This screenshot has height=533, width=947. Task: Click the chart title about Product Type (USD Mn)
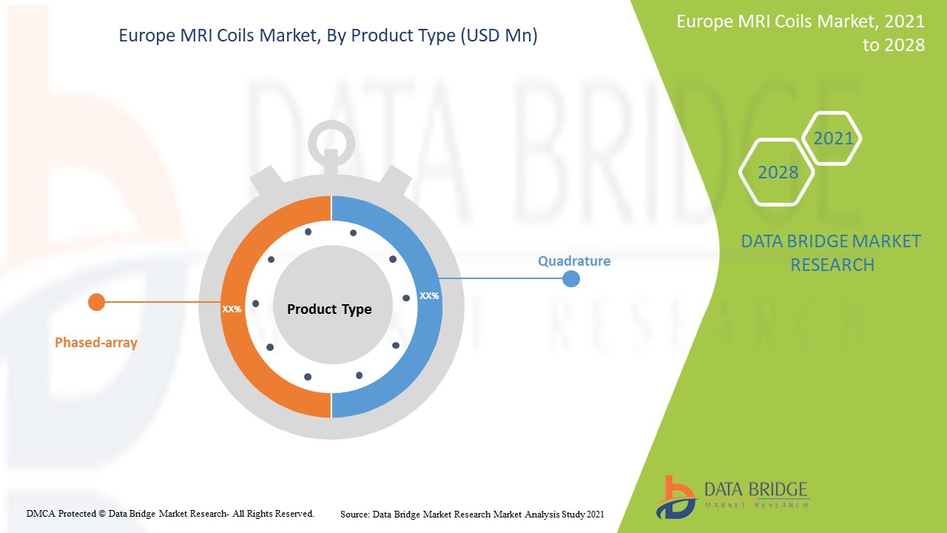coord(328,36)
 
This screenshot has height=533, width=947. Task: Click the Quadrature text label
coord(573,261)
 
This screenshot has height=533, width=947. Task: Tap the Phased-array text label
coord(96,343)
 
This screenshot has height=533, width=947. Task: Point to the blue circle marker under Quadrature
coord(570,279)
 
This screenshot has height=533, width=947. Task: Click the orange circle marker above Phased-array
coord(96,302)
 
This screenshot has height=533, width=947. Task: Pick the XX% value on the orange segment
coord(232,309)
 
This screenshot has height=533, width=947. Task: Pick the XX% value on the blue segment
coord(429,295)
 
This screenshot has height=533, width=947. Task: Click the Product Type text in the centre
coord(329,309)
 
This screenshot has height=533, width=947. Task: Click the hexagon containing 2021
coord(832,138)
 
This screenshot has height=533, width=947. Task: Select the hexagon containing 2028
coord(778,172)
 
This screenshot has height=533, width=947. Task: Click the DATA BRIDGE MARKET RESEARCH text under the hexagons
coord(831,252)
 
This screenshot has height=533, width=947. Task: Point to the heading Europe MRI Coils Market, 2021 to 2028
coord(801,33)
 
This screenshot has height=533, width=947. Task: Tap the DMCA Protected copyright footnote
coord(170,513)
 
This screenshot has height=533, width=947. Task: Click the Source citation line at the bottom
coord(472,514)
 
